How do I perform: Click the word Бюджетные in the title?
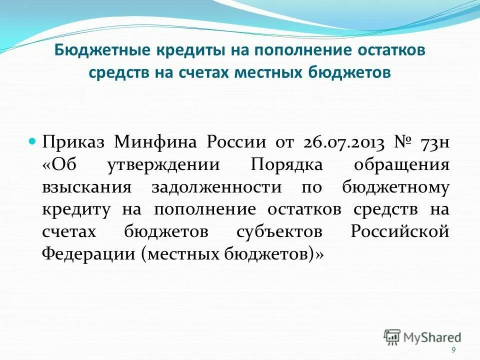click(89, 51)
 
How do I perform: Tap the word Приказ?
click(74, 142)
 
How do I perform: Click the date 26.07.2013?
click(343, 142)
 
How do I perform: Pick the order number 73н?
click(435, 142)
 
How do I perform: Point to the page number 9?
click(453, 350)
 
